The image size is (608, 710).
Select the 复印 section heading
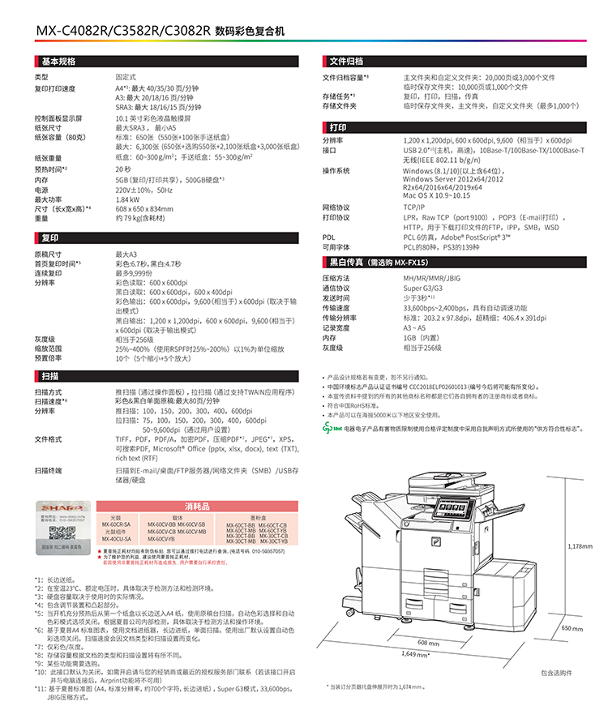49,238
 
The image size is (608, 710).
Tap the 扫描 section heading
49,376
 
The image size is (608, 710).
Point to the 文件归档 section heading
346,62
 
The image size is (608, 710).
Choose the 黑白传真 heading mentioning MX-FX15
378,263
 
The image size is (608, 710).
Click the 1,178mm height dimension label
580,546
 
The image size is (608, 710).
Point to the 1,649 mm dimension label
416,654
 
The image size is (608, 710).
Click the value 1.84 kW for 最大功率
126,199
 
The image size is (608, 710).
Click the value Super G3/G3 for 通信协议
423,289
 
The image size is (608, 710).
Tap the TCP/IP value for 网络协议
414,207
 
